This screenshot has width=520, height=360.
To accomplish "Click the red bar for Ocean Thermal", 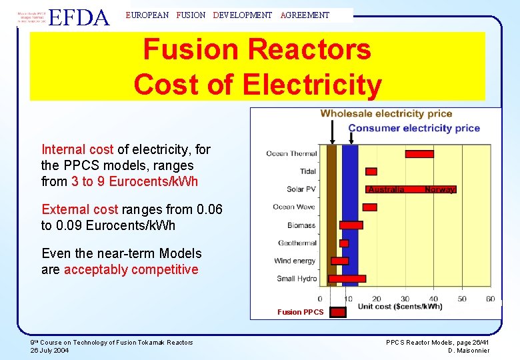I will point(419,154).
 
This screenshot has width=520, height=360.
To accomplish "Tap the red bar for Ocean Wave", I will point(370,207).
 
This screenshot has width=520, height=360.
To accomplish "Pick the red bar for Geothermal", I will point(344,243).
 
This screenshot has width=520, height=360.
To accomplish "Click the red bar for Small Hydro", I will point(348,279).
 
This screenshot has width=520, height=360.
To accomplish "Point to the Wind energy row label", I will point(295,261).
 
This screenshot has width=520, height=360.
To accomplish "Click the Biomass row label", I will point(301,225).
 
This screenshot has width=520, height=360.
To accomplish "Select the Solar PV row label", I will point(301,189).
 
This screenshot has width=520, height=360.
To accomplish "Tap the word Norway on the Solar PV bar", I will point(439,189).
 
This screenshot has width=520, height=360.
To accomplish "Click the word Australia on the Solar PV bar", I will point(387,189).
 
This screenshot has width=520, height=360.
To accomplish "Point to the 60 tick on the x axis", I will point(491,299).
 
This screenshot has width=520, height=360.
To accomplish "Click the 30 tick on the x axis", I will point(405,299).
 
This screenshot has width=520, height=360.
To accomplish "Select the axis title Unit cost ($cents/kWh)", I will point(400,307).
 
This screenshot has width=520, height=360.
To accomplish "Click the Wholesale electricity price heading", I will point(386,113).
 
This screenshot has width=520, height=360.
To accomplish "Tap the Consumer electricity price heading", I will point(413,128).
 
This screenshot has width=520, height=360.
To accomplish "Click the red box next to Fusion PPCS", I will point(339,312).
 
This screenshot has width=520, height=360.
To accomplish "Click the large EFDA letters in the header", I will point(79,17).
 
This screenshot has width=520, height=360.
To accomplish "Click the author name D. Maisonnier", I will point(469,351).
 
